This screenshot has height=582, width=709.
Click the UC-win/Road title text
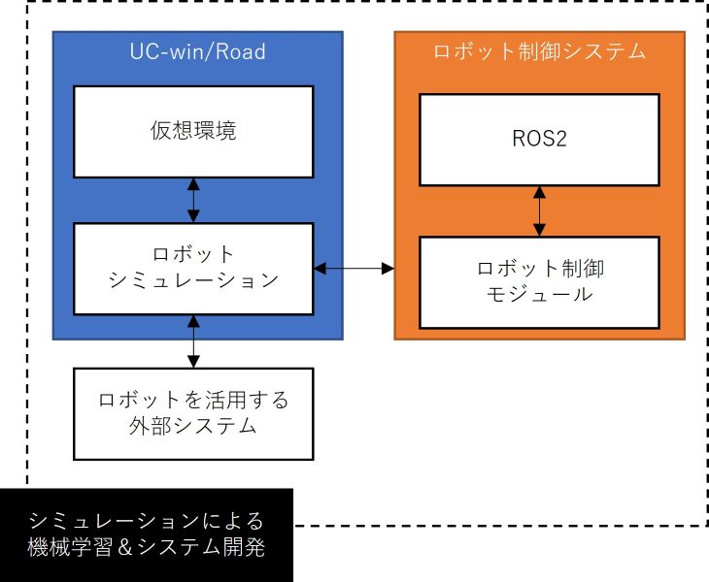coord(197,52)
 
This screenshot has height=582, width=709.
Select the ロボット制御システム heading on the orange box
coord(539,52)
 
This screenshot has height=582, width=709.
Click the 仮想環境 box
coord(194,132)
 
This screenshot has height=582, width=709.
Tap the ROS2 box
coord(539,139)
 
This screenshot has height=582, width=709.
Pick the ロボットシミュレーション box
coord(194,268)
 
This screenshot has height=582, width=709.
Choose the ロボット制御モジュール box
coord(539,280)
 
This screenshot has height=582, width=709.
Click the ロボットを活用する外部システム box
coord(194,413)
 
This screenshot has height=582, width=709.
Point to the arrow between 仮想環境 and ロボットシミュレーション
coord(194,200)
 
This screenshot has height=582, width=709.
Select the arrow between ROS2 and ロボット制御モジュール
coord(539,210)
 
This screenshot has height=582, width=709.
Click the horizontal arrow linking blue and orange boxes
coord(354,266)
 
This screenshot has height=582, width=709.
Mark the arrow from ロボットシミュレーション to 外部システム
coord(194,340)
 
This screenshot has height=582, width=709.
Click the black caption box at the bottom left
coord(146,534)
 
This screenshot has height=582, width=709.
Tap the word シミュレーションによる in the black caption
coord(146,519)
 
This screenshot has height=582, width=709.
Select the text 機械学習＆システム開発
coord(146,548)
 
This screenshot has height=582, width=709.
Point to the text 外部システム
coord(194,427)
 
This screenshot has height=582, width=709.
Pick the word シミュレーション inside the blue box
coord(194,280)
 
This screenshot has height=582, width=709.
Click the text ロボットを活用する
coord(194,400)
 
